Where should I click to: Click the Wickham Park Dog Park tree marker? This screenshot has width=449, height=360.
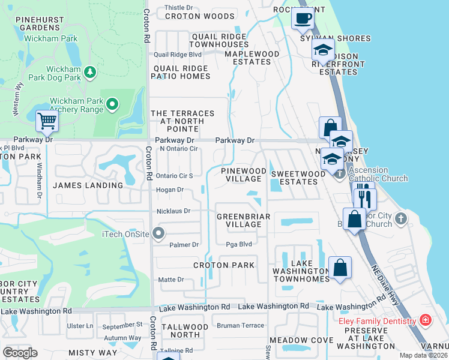click(x=90, y=72)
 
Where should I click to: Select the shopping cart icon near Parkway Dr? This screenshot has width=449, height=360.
click(x=46, y=121)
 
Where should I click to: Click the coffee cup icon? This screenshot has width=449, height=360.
click(x=303, y=18)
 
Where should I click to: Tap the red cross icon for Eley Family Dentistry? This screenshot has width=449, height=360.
click(x=426, y=321)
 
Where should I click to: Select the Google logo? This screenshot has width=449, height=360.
click(x=20, y=353)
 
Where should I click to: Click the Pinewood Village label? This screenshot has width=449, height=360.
click(x=244, y=175)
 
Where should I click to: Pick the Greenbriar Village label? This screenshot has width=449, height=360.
click(x=239, y=220)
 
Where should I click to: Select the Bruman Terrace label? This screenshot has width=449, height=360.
click(x=240, y=325)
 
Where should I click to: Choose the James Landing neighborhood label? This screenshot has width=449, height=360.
click(x=88, y=185)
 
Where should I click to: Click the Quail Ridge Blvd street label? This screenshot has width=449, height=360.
click(x=178, y=54)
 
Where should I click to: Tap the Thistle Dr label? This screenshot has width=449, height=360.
click(x=178, y=8)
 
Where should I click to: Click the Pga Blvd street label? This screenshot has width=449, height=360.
click(x=238, y=244)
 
